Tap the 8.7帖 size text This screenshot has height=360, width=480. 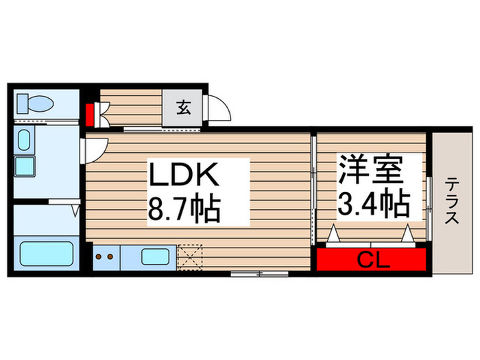184,208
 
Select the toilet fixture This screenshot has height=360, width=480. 36,104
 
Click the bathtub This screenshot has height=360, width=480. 43,254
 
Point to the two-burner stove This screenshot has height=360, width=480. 106,257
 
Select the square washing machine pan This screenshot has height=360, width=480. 25,166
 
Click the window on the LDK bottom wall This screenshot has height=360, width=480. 259,274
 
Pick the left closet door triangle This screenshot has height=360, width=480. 334,235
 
